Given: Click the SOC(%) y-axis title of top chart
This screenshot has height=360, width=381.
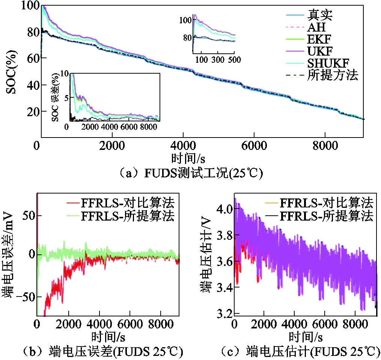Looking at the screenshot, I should pyautogui.click(x=11, y=71).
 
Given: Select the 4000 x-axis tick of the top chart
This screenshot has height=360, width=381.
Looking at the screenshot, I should pyautogui.click(x=183, y=145).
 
